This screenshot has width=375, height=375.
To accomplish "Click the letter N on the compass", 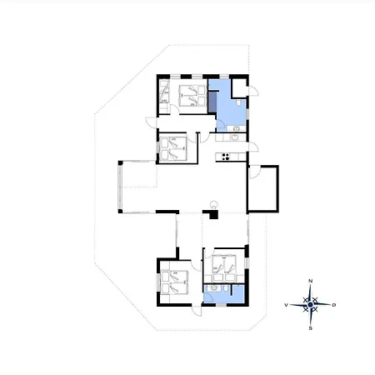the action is point(311,281).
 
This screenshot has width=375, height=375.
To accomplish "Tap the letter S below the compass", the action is point(311,328).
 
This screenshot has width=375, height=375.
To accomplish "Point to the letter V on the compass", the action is point(286,305).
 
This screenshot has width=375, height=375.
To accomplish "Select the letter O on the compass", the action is point(334,305).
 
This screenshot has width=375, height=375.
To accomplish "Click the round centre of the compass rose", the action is point(311,305).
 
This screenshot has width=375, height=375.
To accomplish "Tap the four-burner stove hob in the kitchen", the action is point(226,157).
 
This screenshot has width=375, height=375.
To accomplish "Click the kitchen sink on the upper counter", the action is point(235,137).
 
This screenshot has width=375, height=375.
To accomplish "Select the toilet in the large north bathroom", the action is point(239,103).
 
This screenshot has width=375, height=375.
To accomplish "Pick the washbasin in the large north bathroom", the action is point(236,128).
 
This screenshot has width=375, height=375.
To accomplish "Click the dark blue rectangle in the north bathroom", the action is point(212,102).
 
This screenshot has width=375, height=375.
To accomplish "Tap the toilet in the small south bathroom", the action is point(226,288).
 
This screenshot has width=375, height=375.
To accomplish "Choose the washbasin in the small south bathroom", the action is point(214,288).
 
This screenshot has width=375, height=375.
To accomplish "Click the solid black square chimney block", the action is point(213,215).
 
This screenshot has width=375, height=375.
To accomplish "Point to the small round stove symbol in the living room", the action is point(214,204).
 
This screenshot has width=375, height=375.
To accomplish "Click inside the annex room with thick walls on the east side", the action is point(262,189).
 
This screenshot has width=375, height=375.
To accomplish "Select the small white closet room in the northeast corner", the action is point(239,88).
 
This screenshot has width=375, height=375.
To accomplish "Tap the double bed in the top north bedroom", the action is point(192,96).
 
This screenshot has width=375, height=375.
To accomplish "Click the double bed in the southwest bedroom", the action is point(174,282).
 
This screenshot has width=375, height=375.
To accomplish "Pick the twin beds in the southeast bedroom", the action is point(224,267).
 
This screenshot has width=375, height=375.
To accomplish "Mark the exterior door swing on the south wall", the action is point(197,311).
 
